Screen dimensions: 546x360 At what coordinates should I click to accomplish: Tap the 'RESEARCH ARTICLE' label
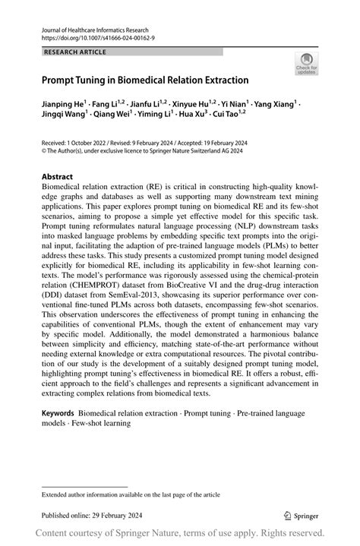74,52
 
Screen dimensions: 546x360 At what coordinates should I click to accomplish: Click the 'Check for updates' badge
307,65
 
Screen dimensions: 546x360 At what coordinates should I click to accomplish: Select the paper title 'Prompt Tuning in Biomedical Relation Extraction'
145,79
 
